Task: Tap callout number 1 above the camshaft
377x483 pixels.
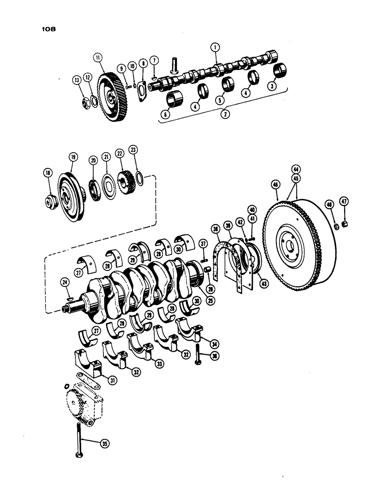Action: pyautogui.click(x=215, y=47)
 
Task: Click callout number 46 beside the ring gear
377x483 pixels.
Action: pyautogui.click(x=275, y=184)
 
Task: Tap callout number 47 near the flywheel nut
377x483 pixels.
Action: pyautogui.click(x=344, y=201)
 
